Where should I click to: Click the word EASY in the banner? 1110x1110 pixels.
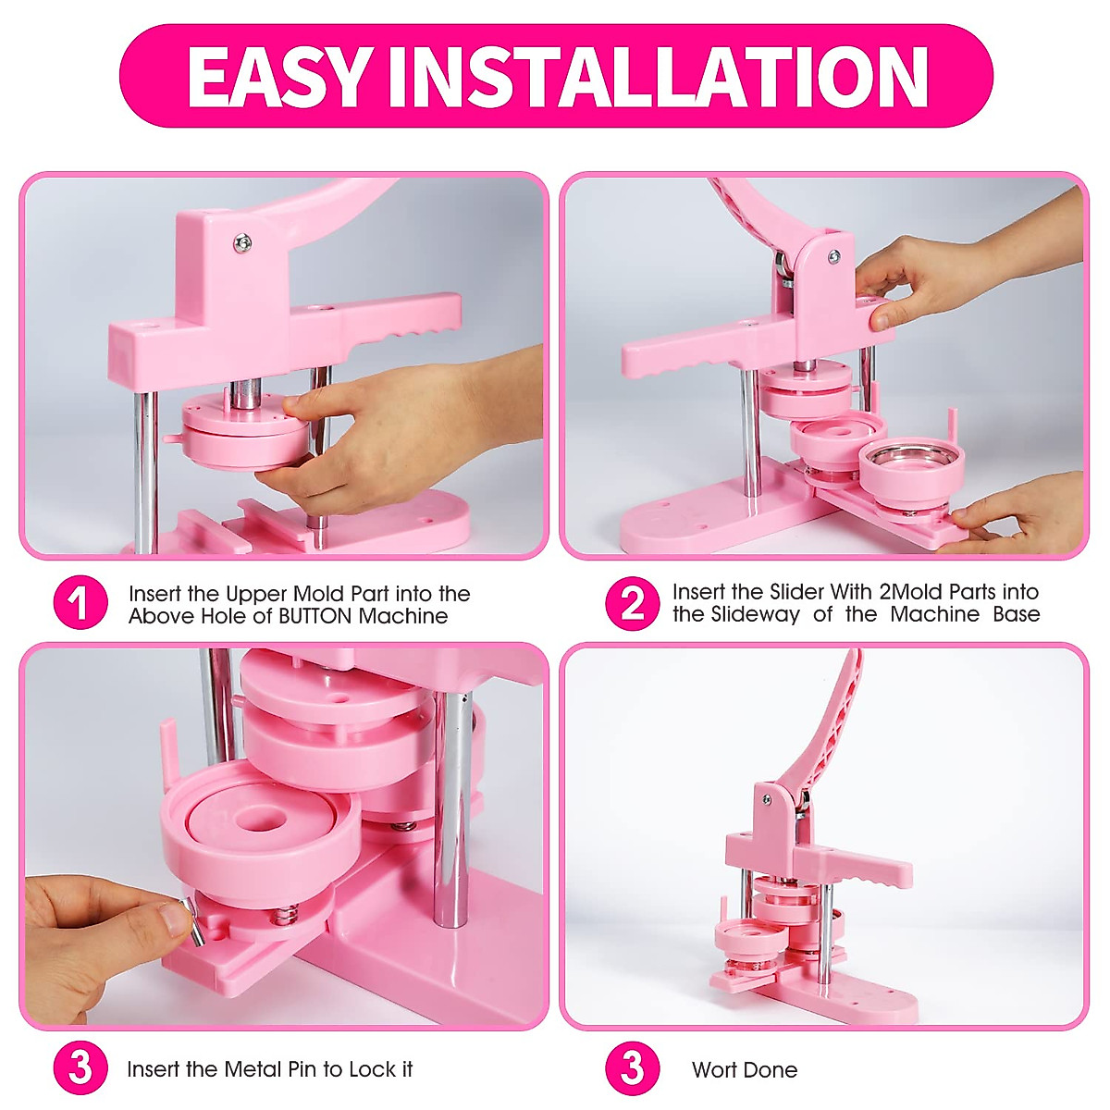click(278, 77)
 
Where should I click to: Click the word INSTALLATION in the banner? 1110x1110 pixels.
click(658, 77)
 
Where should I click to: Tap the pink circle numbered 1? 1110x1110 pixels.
click(80, 604)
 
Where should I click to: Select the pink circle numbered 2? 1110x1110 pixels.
click(633, 604)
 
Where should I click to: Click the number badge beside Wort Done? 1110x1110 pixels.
click(633, 1069)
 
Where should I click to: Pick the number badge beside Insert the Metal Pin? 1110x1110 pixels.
click(80, 1069)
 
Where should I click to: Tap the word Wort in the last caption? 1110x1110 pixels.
click(714, 1070)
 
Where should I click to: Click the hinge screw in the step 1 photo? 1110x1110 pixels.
click(243, 242)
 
